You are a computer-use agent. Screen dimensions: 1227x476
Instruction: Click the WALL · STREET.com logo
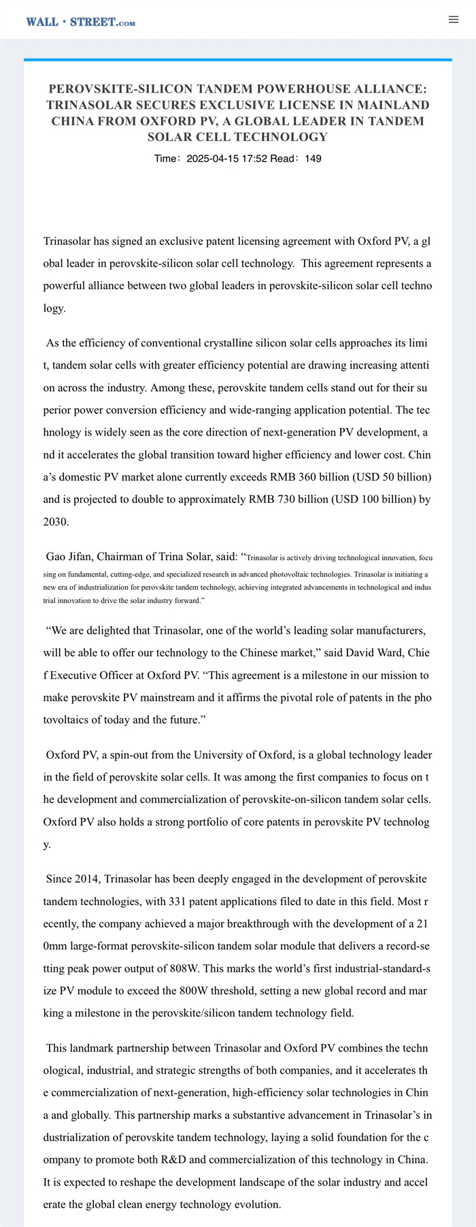pos(80,22)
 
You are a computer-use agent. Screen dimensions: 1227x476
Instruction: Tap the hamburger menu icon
pos(454,20)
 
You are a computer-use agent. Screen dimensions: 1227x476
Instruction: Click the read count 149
pos(313,159)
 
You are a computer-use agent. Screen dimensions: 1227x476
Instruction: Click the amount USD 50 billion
pos(397,477)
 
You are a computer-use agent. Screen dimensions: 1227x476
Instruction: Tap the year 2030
pos(55,522)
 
